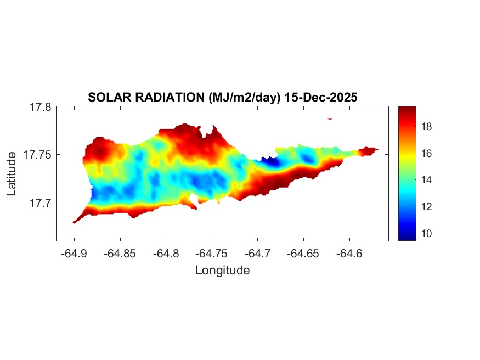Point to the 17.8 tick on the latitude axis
click(40, 107)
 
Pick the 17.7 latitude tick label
click(40, 203)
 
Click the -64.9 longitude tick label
click(74, 254)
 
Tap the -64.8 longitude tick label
click(166, 254)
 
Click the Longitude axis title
click(222, 270)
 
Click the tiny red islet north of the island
click(330, 118)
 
